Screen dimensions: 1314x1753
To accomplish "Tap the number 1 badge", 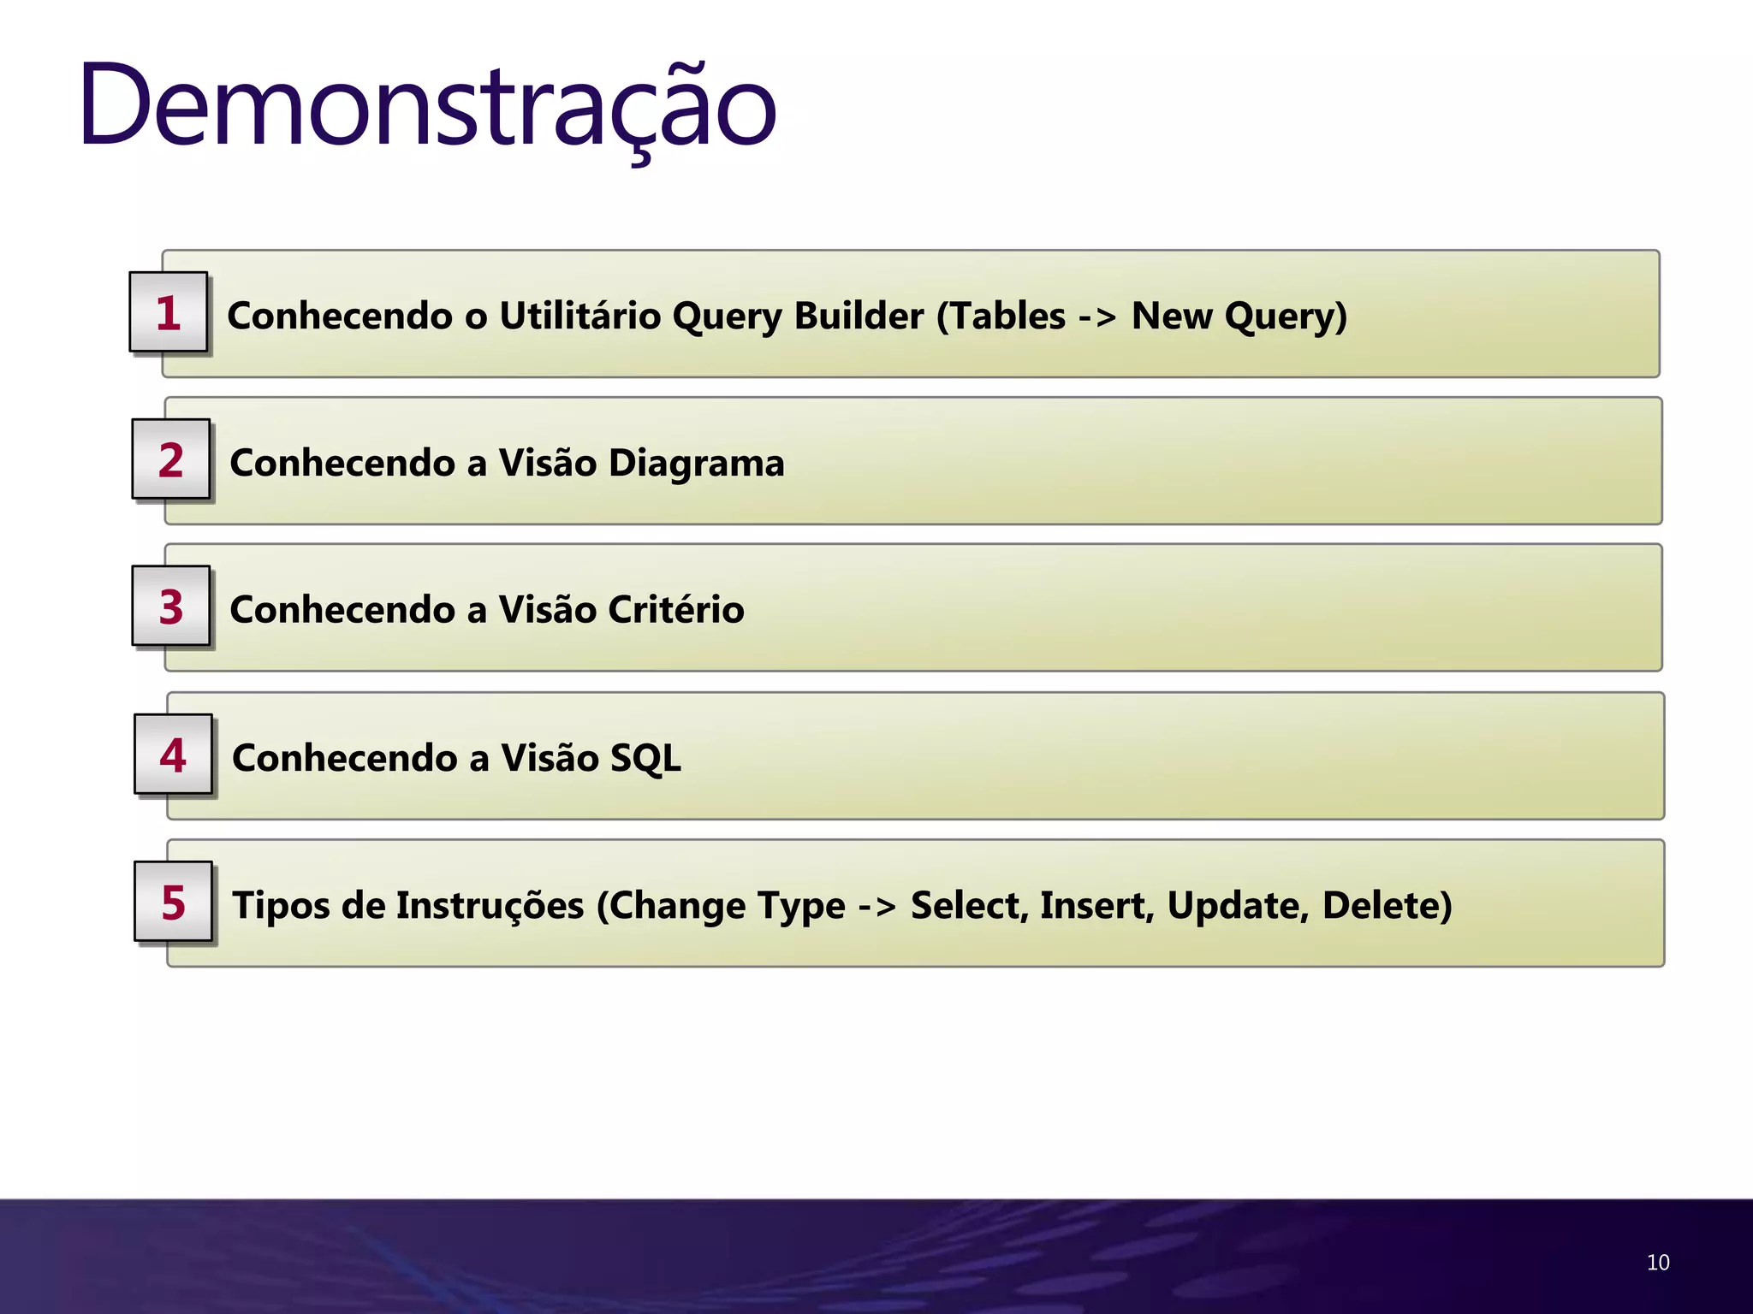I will point(169,312).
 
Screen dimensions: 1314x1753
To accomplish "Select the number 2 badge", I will point(171,459).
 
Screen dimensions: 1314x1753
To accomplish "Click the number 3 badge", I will point(171,607).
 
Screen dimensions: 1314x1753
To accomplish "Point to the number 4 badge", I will point(173,755).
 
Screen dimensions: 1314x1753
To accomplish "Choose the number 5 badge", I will point(173,902).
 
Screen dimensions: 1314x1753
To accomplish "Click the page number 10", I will point(1657,1263).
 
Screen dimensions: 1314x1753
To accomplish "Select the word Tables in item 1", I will point(1001,316).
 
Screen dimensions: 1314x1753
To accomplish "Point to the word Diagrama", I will point(696,463).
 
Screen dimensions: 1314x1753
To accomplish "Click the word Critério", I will point(675,610).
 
